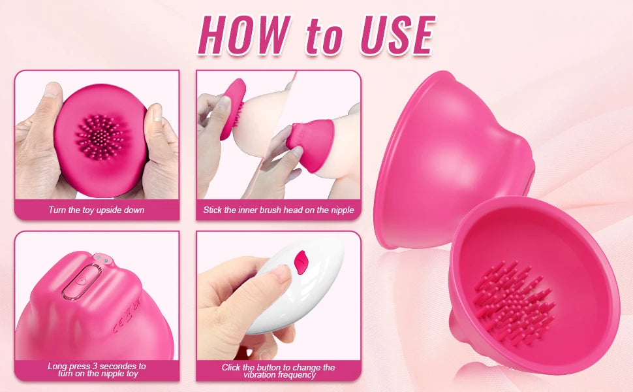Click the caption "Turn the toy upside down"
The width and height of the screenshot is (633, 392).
(x=97, y=210)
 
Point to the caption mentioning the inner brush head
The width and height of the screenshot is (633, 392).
(x=279, y=210)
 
